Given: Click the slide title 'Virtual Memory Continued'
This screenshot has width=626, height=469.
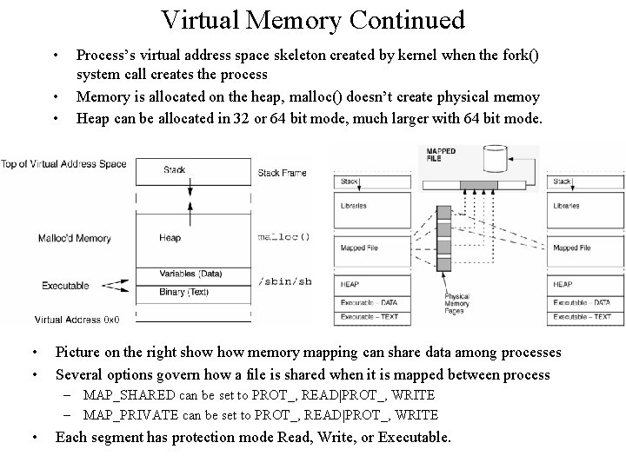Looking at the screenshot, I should (x=313, y=19).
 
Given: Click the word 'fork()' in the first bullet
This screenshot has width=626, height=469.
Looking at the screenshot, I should (x=517, y=54).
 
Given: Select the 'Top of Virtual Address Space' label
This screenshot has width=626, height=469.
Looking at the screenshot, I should (x=63, y=164).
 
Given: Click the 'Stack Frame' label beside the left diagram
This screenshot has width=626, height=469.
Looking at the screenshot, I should (x=283, y=173).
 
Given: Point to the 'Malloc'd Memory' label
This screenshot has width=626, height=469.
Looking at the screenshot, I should (x=75, y=238).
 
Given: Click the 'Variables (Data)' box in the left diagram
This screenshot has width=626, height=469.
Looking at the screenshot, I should (x=190, y=274).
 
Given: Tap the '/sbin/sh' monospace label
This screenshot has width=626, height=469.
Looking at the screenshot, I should (x=284, y=281).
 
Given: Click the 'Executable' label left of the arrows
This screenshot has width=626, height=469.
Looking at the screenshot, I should (x=66, y=285).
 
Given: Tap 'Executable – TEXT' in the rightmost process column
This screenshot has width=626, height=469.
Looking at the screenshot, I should (x=582, y=317).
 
